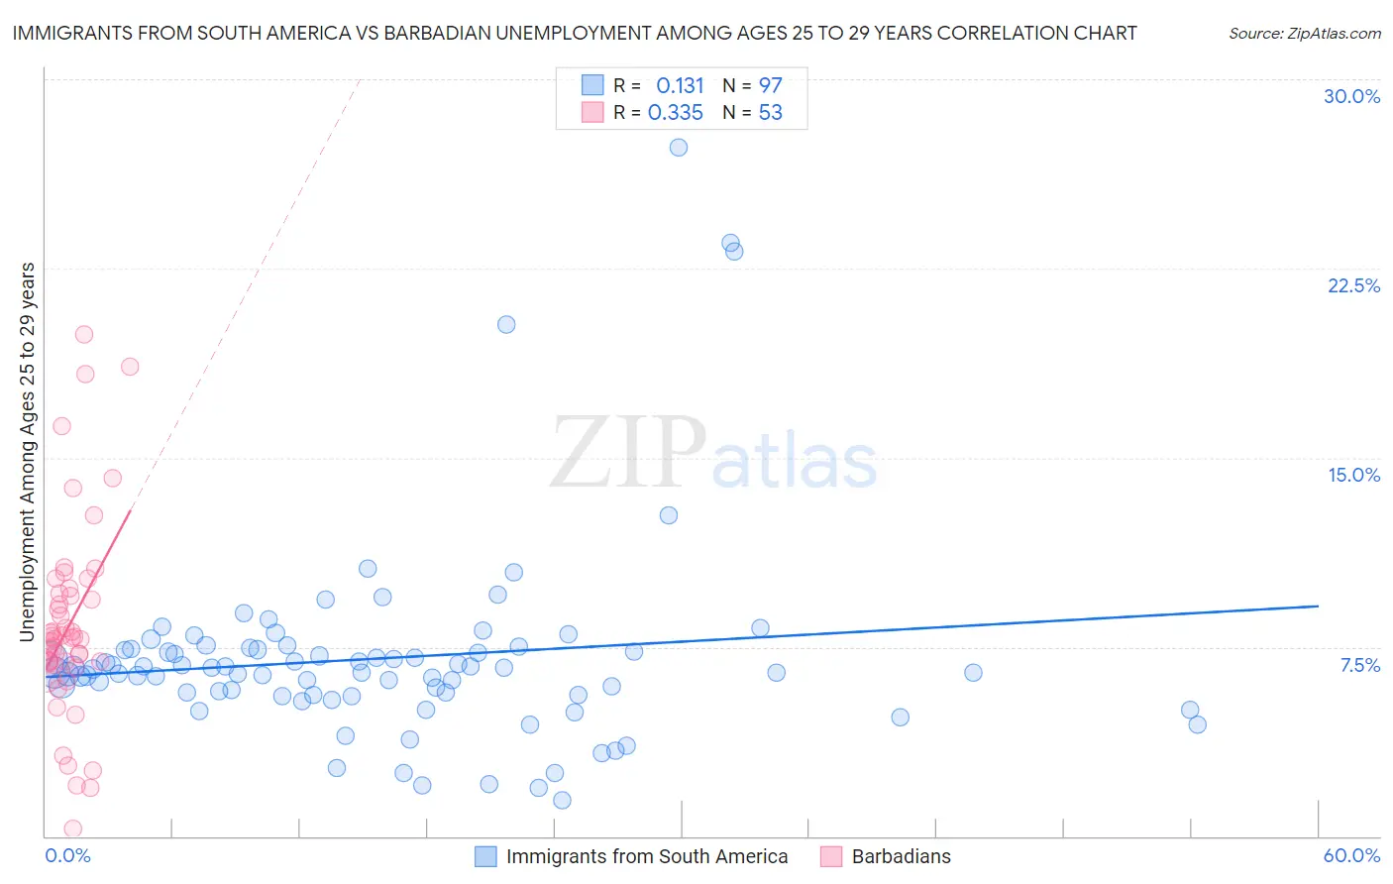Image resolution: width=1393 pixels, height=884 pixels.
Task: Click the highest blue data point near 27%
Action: [679, 148]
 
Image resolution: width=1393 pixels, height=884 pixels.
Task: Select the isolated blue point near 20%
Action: [506, 324]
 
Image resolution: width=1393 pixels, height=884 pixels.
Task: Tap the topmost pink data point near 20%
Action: [84, 334]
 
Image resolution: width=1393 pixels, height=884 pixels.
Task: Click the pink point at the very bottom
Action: [72, 829]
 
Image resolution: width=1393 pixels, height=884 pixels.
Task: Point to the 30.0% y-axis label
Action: [1351, 96]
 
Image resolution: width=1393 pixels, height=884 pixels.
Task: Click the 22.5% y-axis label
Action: [1353, 285]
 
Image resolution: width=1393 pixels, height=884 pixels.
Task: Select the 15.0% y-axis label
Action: [1353, 475]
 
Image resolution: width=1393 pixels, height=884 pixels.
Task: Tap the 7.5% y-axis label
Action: [1359, 665]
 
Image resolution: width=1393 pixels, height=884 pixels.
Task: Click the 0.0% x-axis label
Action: [68, 855]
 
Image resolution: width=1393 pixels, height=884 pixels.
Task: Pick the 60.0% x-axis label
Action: [1351, 855]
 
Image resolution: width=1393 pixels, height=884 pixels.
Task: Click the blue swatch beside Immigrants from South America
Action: [485, 856]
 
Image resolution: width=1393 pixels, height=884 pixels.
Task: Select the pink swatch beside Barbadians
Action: [831, 856]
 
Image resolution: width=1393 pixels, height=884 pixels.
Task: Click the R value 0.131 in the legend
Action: [680, 85]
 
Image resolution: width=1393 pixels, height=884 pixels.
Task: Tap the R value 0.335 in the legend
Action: [676, 113]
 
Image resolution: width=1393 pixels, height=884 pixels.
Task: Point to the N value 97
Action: [770, 85]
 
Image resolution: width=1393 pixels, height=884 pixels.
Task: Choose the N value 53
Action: [770, 113]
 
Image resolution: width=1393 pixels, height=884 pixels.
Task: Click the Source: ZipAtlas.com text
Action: [1304, 34]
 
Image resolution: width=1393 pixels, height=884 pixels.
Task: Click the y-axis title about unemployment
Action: [28, 452]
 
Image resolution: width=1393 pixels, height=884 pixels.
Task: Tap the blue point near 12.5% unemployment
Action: [669, 515]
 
